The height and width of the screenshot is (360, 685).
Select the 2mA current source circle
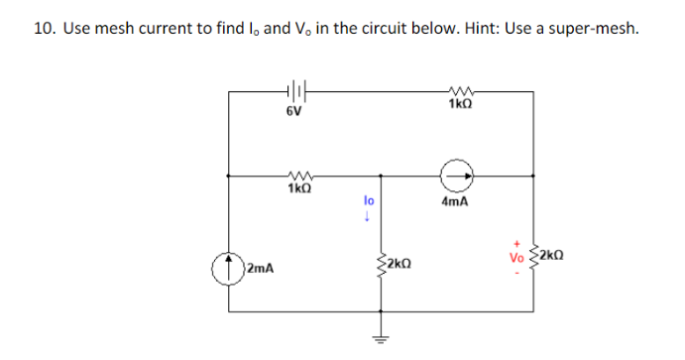coord(227,267)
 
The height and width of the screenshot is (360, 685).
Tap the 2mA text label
coord(261,268)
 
